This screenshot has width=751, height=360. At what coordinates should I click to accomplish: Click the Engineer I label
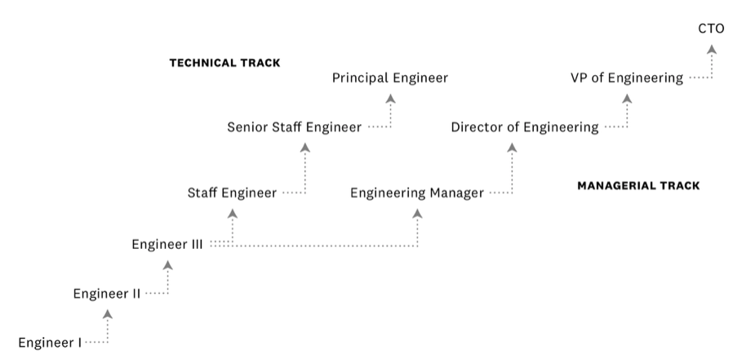point(50,342)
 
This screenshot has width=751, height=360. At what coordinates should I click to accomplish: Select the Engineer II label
point(107,293)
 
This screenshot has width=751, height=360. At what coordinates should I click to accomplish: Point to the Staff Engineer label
point(232,193)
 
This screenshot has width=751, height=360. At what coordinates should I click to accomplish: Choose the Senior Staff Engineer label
point(294,127)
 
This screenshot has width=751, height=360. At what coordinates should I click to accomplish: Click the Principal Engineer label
point(390,78)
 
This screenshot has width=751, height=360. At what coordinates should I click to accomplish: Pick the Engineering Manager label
point(417,193)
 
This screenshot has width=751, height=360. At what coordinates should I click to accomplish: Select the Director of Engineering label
point(525,127)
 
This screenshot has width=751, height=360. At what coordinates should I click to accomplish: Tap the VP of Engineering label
point(627,78)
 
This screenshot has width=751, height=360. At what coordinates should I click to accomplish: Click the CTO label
point(711,29)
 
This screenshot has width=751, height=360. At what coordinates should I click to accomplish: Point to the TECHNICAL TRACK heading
point(224,63)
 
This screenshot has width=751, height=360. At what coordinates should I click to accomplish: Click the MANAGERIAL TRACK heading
point(638,186)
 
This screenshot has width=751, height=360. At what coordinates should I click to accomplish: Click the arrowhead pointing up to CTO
point(711,50)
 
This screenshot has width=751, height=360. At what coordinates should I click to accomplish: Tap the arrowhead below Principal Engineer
point(390,99)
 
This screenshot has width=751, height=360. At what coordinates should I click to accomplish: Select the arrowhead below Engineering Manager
point(417,214)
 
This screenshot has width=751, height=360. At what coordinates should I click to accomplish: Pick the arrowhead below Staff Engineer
point(232,214)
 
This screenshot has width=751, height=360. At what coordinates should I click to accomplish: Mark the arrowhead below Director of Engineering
point(512,148)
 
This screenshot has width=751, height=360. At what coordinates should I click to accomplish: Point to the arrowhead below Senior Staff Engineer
point(304,148)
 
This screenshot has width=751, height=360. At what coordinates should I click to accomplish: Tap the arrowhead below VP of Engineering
point(627,99)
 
